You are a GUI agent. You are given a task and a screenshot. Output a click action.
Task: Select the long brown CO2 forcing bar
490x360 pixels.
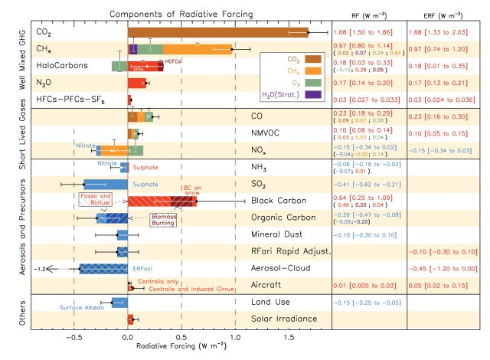tap(217, 32)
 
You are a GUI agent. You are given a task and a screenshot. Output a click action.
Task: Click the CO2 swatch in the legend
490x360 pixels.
tap(312, 58)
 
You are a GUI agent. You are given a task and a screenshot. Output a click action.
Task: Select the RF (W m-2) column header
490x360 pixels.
tap(367, 14)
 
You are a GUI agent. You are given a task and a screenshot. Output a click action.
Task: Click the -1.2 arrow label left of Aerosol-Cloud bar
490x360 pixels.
tap(41, 268)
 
